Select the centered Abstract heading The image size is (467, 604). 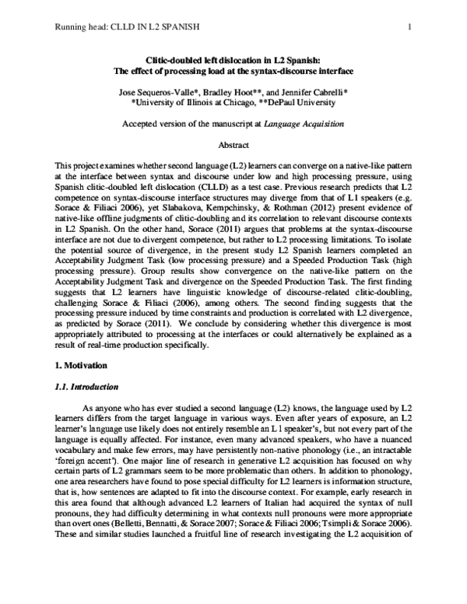pos(233,146)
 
